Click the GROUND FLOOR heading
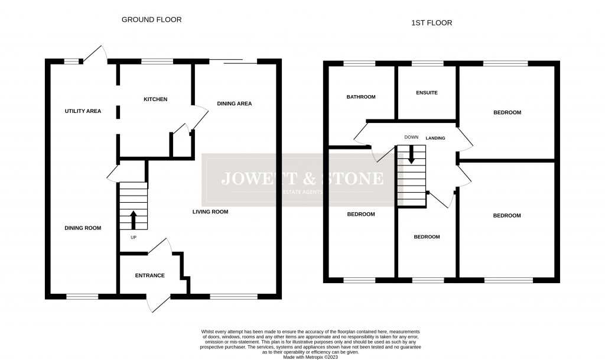click(x=152, y=20)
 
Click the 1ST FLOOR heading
click(x=432, y=23)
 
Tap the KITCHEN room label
click(x=155, y=99)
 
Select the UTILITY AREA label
click(x=83, y=111)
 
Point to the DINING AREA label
click(x=234, y=103)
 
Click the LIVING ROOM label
click(x=210, y=212)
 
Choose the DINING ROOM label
click(x=83, y=228)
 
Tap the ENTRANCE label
click(x=149, y=275)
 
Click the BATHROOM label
click(x=361, y=97)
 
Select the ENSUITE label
click(x=427, y=93)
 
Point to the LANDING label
click(x=435, y=138)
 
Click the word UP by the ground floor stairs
click(x=134, y=237)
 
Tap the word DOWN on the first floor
click(x=411, y=137)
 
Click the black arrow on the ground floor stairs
click(x=134, y=220)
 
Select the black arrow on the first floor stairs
click(x=411, y=154)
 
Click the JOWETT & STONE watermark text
click(x=302, y=179)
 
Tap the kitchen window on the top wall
click(x=157, y=61)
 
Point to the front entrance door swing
click(x=159, y=304)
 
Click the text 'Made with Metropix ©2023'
click(x=311, y=357)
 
